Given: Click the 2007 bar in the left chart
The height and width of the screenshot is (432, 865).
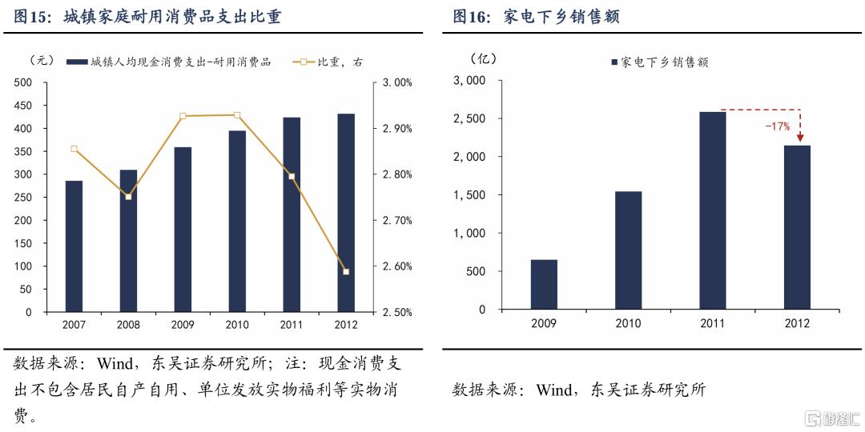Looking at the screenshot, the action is coord(74,246).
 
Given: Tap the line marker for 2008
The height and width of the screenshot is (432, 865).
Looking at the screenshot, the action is coord(128,197).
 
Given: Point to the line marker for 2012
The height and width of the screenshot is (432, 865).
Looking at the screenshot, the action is coord(346,272).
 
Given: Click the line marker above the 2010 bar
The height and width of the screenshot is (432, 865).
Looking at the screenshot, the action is coord(237,115).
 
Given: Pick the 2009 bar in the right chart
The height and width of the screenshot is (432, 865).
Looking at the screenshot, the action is coord(544,284).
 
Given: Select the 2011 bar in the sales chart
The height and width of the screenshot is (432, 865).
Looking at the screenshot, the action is coord(713,210).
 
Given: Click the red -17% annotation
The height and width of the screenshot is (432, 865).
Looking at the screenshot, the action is coord(777,126).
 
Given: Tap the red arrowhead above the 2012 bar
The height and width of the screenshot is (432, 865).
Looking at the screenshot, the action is coord(800,138).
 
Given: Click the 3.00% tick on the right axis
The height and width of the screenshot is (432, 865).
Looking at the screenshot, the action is coord(397,82).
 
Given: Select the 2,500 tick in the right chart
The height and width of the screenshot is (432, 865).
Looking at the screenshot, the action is coord(470,118).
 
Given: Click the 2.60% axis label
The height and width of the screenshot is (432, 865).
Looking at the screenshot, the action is coord(397,266).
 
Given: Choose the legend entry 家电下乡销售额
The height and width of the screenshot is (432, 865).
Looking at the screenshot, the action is coord(658,62).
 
